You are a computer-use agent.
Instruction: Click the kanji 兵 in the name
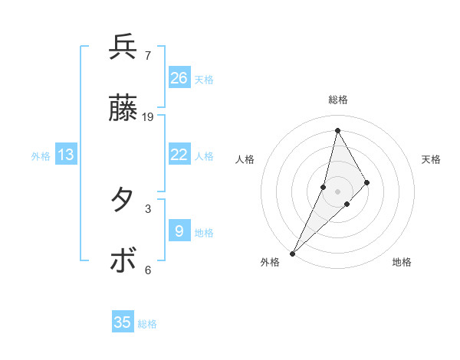[123, 47]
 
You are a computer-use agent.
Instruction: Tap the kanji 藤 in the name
[123, 110]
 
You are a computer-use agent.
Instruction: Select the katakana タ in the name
[123, 200]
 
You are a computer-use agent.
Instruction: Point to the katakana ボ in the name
[123, 261]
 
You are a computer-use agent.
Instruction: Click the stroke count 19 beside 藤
[148, 117]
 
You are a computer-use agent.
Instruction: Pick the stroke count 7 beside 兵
[147, 55]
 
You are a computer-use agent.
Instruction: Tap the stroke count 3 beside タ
[147, 208]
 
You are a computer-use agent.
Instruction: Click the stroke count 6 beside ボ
[147, 270]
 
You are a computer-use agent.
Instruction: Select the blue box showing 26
[179, 77]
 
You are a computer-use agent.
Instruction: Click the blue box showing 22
[179, 155]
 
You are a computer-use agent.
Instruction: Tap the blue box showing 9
[179, 231]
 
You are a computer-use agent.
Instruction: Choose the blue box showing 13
[66, 155]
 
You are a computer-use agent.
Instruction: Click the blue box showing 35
[123, 322]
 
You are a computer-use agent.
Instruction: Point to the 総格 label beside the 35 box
[147, 324]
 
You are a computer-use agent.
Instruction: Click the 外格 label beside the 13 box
[41, 156]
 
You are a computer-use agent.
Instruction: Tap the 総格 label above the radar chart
[338, 100]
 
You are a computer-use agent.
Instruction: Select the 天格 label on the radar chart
[431, 159]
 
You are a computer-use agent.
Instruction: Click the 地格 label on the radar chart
[402, 263]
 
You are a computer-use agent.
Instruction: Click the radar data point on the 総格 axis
[337, 130]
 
